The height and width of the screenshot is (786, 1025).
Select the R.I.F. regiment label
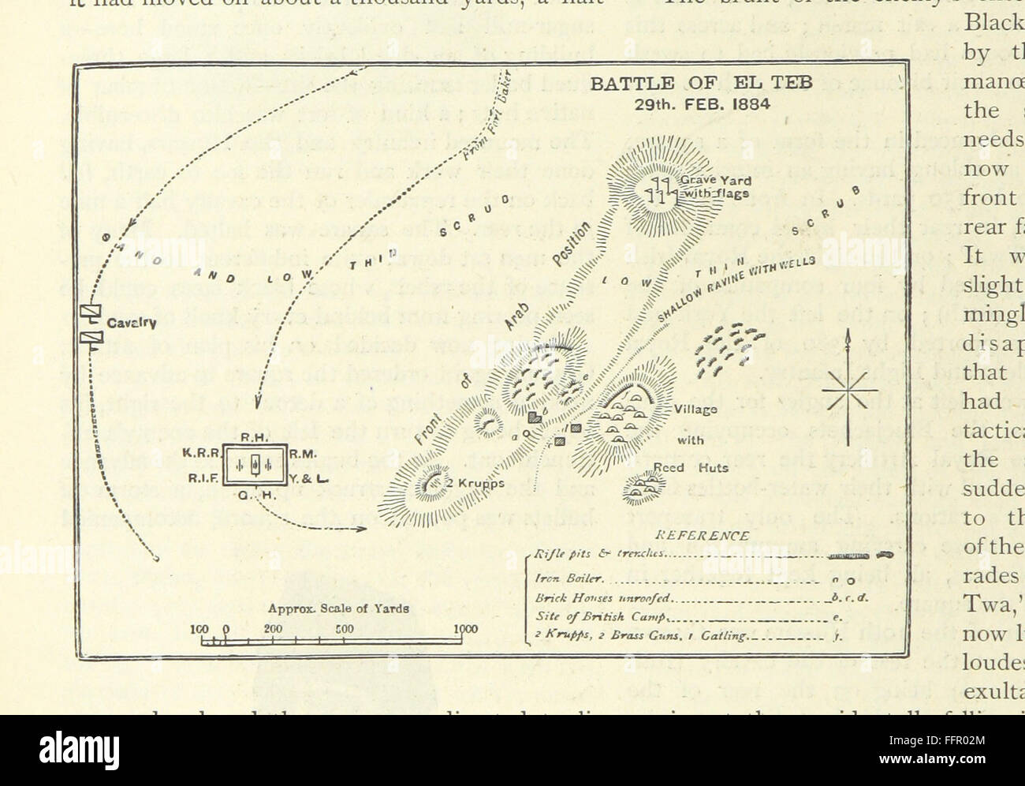coord(200,477)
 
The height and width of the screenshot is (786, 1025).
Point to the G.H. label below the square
coord(254,496)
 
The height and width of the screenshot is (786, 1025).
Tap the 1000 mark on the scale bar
coord(466,629)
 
